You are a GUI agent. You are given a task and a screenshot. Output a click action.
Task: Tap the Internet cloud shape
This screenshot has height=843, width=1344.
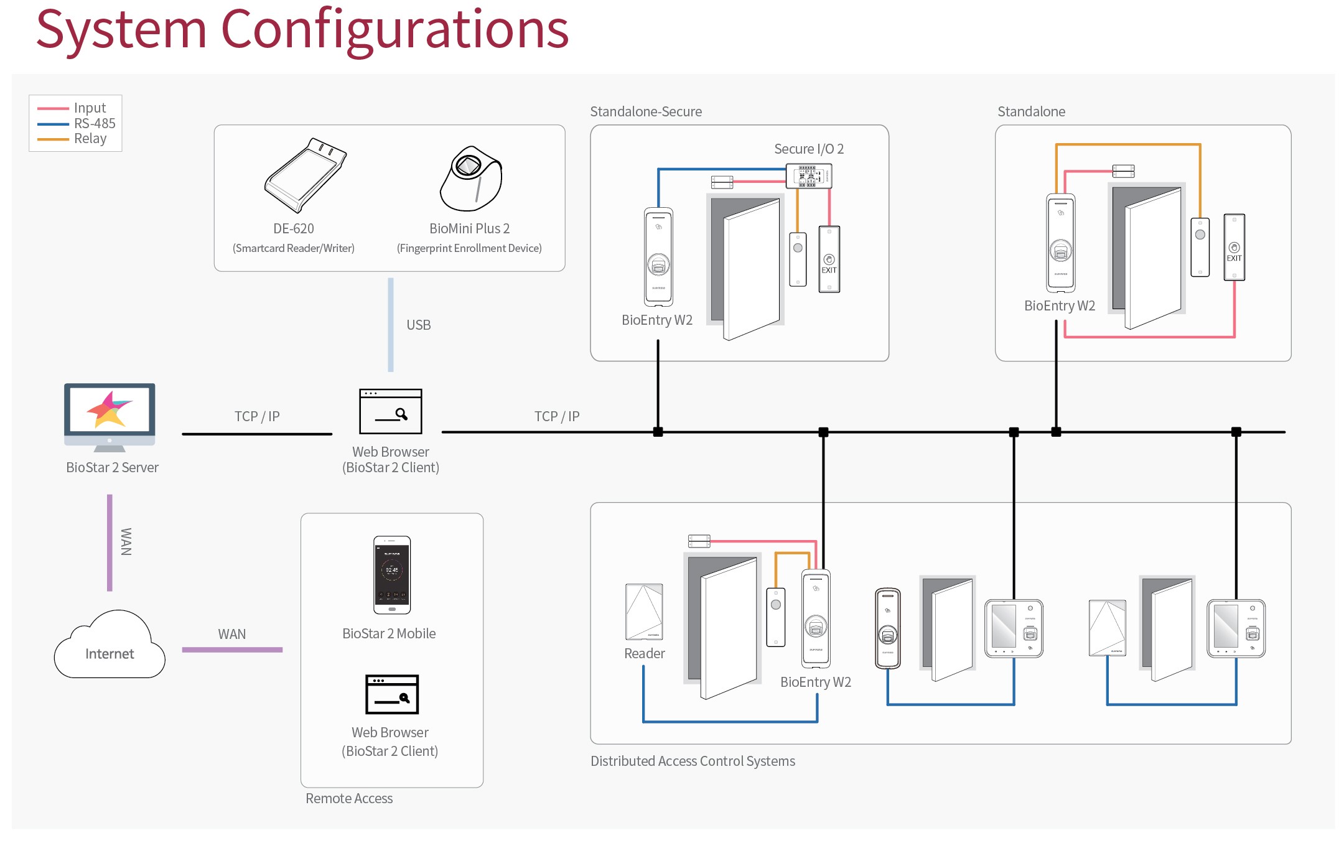110,647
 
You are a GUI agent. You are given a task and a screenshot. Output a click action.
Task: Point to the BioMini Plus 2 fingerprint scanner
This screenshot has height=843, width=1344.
470,179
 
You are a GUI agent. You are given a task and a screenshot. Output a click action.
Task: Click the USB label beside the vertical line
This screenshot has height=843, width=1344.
418,325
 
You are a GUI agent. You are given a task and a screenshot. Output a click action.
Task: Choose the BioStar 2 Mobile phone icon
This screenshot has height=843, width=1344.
391,575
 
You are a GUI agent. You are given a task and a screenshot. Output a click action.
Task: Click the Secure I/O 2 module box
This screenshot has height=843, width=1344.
808,176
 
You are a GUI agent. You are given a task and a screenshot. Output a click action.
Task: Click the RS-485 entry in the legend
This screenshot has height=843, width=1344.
95,123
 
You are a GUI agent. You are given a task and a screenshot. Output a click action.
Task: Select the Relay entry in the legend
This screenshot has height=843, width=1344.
90,139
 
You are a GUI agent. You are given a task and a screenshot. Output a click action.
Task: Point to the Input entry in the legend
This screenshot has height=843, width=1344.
90,108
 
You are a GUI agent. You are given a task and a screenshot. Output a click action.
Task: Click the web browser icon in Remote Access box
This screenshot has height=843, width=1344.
391,694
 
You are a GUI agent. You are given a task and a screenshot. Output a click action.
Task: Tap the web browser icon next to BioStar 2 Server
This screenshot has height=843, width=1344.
390,411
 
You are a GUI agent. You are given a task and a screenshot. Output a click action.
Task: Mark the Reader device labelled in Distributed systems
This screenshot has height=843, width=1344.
644,612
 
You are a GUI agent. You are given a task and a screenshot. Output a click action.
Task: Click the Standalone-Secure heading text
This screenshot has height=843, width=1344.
645,112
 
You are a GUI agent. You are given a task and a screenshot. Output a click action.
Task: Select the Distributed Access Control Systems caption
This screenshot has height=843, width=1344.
692,761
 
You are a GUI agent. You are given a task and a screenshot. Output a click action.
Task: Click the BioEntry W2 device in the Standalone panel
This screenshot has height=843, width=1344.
1060,243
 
